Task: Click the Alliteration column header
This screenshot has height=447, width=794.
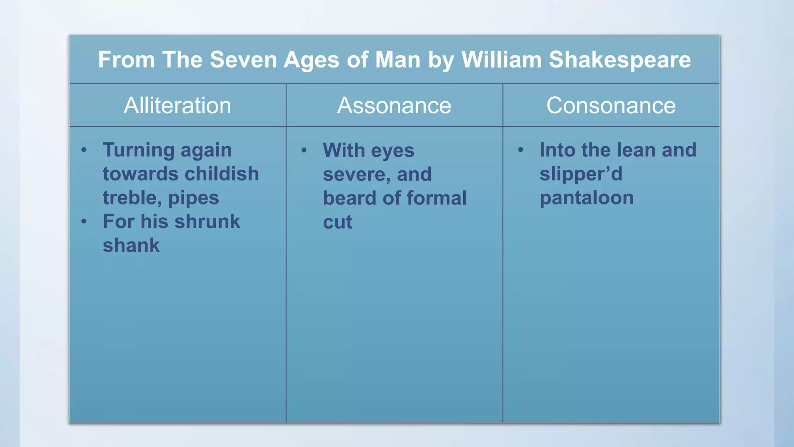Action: [178, 106]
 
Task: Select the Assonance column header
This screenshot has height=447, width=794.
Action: [394, 106]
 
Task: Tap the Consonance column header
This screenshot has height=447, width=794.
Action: [611, 106]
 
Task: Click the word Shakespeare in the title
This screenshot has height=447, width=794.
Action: [620, 60]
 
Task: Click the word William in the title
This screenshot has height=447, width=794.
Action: [501, 60]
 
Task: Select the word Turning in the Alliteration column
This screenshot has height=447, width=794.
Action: [139, 151]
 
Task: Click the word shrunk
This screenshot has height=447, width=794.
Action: [207, 222]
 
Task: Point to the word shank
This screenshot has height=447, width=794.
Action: [131, 246]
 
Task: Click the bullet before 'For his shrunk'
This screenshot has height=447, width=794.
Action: [84, 222]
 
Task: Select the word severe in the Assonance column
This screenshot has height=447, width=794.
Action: [355, 175]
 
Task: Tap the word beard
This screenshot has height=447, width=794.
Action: [350, 198]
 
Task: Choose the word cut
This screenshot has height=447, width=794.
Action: [338, 222]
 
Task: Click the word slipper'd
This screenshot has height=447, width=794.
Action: [581, 174]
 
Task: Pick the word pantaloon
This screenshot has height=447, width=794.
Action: [587, 198]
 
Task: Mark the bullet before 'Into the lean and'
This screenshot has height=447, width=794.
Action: [521, 150]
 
